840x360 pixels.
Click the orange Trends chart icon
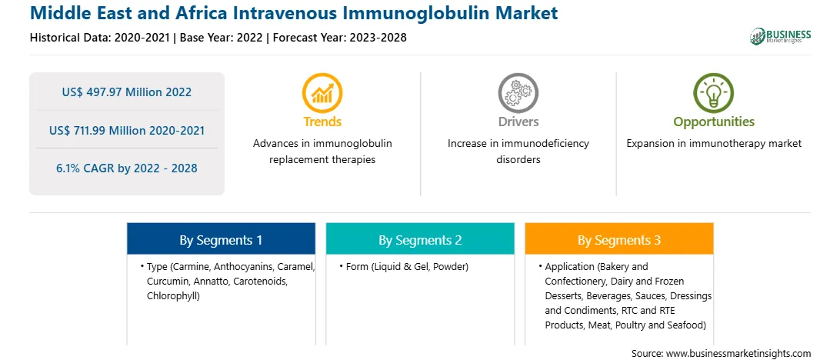coord(322,92)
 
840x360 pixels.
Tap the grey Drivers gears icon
coord(518,92)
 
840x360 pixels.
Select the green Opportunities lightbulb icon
coord(714,92)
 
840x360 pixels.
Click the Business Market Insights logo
coord(781,36)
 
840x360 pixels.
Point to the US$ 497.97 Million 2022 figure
coord(126,92)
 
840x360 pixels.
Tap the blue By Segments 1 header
coord(221,239)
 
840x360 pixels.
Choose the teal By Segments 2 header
coord(420,239)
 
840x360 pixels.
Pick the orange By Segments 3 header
coord(618,239)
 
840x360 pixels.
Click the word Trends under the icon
coord(322,122)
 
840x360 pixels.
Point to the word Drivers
coord(518,122)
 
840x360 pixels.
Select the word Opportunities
coord(714,122)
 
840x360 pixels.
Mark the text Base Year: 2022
coord(222,38)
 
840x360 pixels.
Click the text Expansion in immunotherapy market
coord(714,144)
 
